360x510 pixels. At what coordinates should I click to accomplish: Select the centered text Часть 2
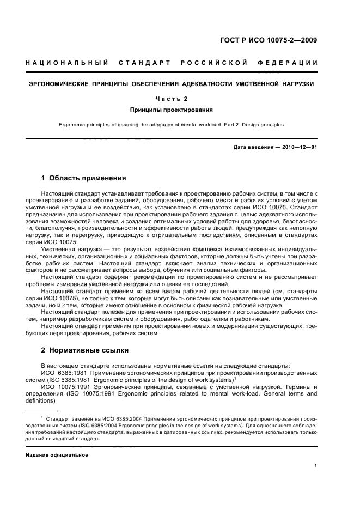172,99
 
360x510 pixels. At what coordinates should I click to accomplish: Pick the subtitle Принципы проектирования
172,110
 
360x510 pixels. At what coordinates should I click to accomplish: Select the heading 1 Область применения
84,178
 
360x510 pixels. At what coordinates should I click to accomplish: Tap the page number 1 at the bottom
315,466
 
